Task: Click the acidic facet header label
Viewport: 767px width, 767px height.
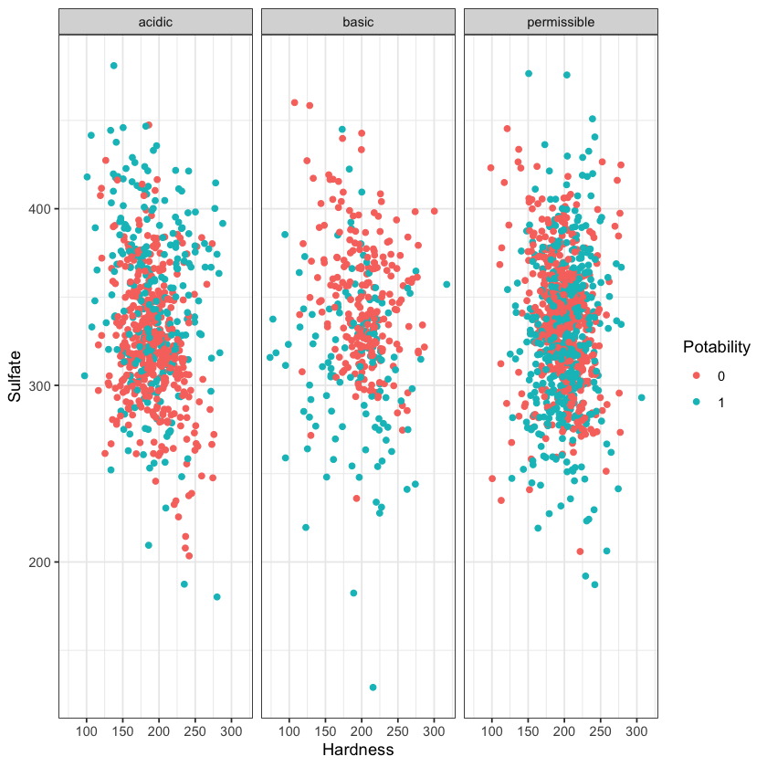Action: [155, 21]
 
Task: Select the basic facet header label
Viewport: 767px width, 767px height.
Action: [358, 21]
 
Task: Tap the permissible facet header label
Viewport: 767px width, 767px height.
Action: [561, 21]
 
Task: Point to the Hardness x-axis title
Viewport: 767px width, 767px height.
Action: [358, 750]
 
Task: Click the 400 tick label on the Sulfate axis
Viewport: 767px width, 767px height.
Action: [41, 209]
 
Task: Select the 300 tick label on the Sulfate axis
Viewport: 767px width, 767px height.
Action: [41, 385]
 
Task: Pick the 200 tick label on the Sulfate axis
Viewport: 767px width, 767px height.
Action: [41, 562]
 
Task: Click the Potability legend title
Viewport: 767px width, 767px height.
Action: [717, 347]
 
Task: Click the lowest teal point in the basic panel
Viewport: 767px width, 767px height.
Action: [373, 688]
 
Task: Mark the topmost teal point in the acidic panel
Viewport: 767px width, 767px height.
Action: [114, 66]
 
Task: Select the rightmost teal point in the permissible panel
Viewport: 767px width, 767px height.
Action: [641, 397]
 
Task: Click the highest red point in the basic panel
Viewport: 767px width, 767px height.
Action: [294, 102]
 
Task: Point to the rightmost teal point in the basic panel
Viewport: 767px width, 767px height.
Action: [447, 285]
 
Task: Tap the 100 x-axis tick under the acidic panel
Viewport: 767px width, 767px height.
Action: [87, 732]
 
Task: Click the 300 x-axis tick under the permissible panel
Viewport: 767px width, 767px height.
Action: [636, 732]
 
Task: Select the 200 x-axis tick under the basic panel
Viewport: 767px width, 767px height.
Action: [362, 732]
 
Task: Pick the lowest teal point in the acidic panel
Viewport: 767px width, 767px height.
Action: [217, 597]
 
